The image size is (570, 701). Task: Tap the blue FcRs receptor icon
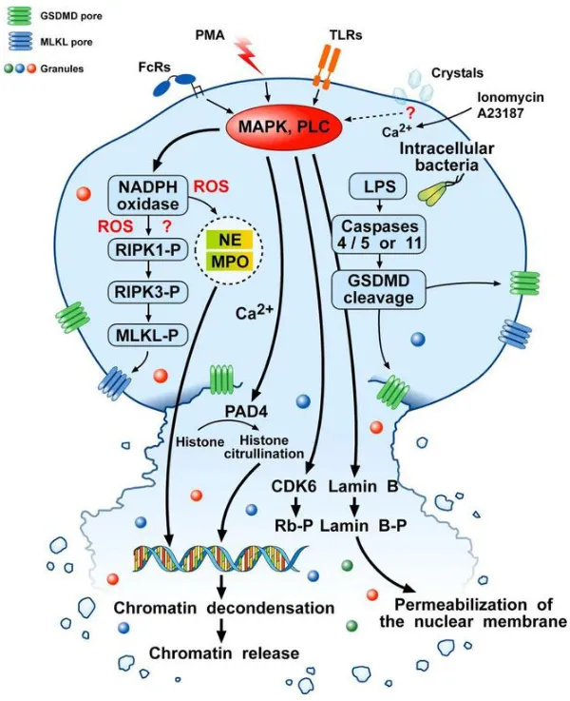(174, 88)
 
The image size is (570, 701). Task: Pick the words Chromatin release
(221, 653)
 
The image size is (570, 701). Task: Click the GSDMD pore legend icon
(21, 17)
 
